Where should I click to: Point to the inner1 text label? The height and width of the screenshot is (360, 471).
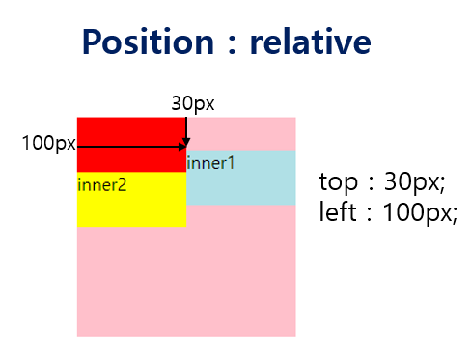(210, 163)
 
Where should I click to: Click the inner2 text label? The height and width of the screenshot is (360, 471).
(102, 184)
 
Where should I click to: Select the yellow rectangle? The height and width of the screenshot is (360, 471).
(130, 208)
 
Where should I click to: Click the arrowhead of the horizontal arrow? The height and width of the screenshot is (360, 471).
(182, 147)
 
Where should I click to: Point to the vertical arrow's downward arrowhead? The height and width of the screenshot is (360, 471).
(186, 143)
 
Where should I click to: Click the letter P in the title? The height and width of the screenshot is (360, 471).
(93, 42)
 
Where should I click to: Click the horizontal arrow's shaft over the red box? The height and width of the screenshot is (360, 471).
(130, 147)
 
